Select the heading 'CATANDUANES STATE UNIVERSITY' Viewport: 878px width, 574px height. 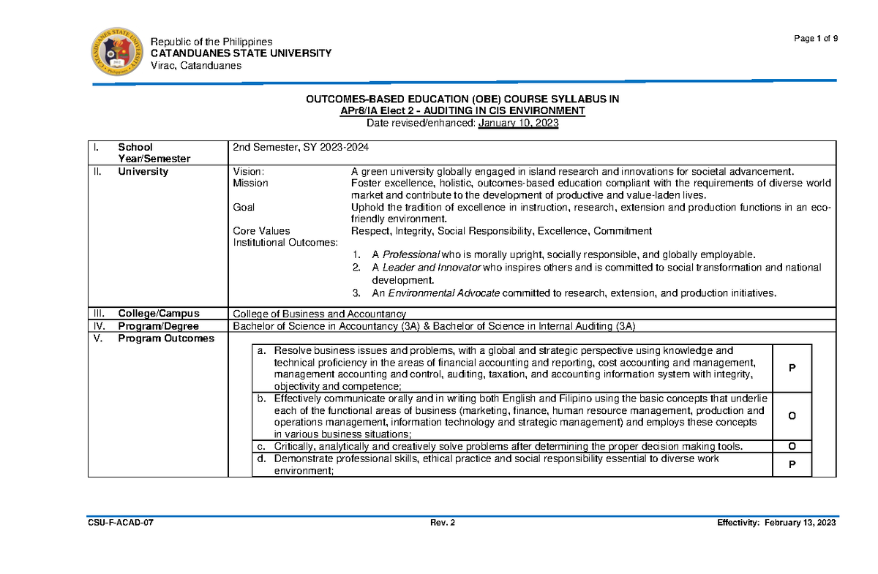(x=241, y=53)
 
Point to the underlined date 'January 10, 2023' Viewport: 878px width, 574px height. (x=518, y=124)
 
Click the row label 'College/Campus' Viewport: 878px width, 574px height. (x=159, y=313)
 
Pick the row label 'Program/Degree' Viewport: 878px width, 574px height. (x=159, y=326)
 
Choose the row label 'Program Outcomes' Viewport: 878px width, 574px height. (x=166, y=339)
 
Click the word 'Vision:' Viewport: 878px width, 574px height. (x=249, y=172)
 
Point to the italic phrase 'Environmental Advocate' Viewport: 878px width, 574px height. (x=443, y=293)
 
